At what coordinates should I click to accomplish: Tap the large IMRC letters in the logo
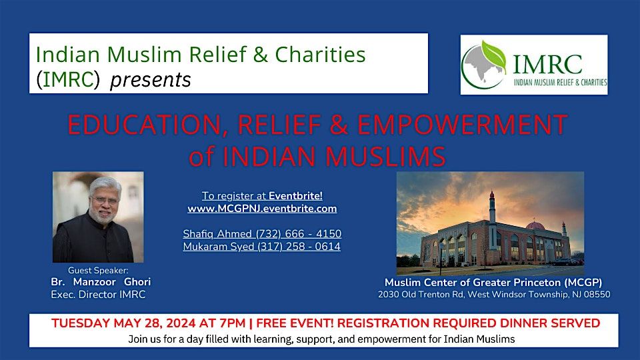tap(547, 65)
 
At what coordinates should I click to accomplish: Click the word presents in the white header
tap(151, 80)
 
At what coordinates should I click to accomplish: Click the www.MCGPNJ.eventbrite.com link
tap(262, 209)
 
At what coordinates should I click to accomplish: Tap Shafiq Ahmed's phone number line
tap(262, 233)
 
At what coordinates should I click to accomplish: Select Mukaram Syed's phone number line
tap(262, 247)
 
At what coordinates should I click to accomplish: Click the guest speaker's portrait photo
tap(98, 217)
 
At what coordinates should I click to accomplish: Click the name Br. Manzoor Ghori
tap(101, 282)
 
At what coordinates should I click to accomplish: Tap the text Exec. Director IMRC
tap(98, 295)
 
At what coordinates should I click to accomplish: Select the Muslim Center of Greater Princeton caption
tap(493, 282)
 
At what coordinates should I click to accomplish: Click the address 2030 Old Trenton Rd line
tap(493, 294)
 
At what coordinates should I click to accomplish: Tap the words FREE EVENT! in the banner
tap(295, 323)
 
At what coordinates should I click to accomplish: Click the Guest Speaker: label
tap(98, 270)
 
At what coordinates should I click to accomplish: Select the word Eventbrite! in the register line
tap(295, 196)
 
